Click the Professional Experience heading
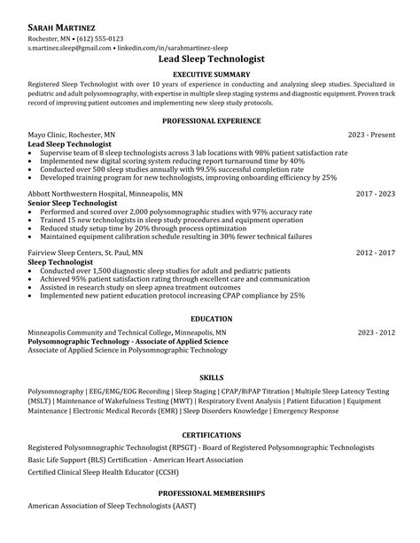tap(210, 119)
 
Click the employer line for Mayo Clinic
tap(71, 135)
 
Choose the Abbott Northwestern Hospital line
tap(105, 192)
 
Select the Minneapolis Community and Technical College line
tap(127, 333)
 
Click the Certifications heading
tap(210, 436)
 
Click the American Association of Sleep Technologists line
tap(111, 506)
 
